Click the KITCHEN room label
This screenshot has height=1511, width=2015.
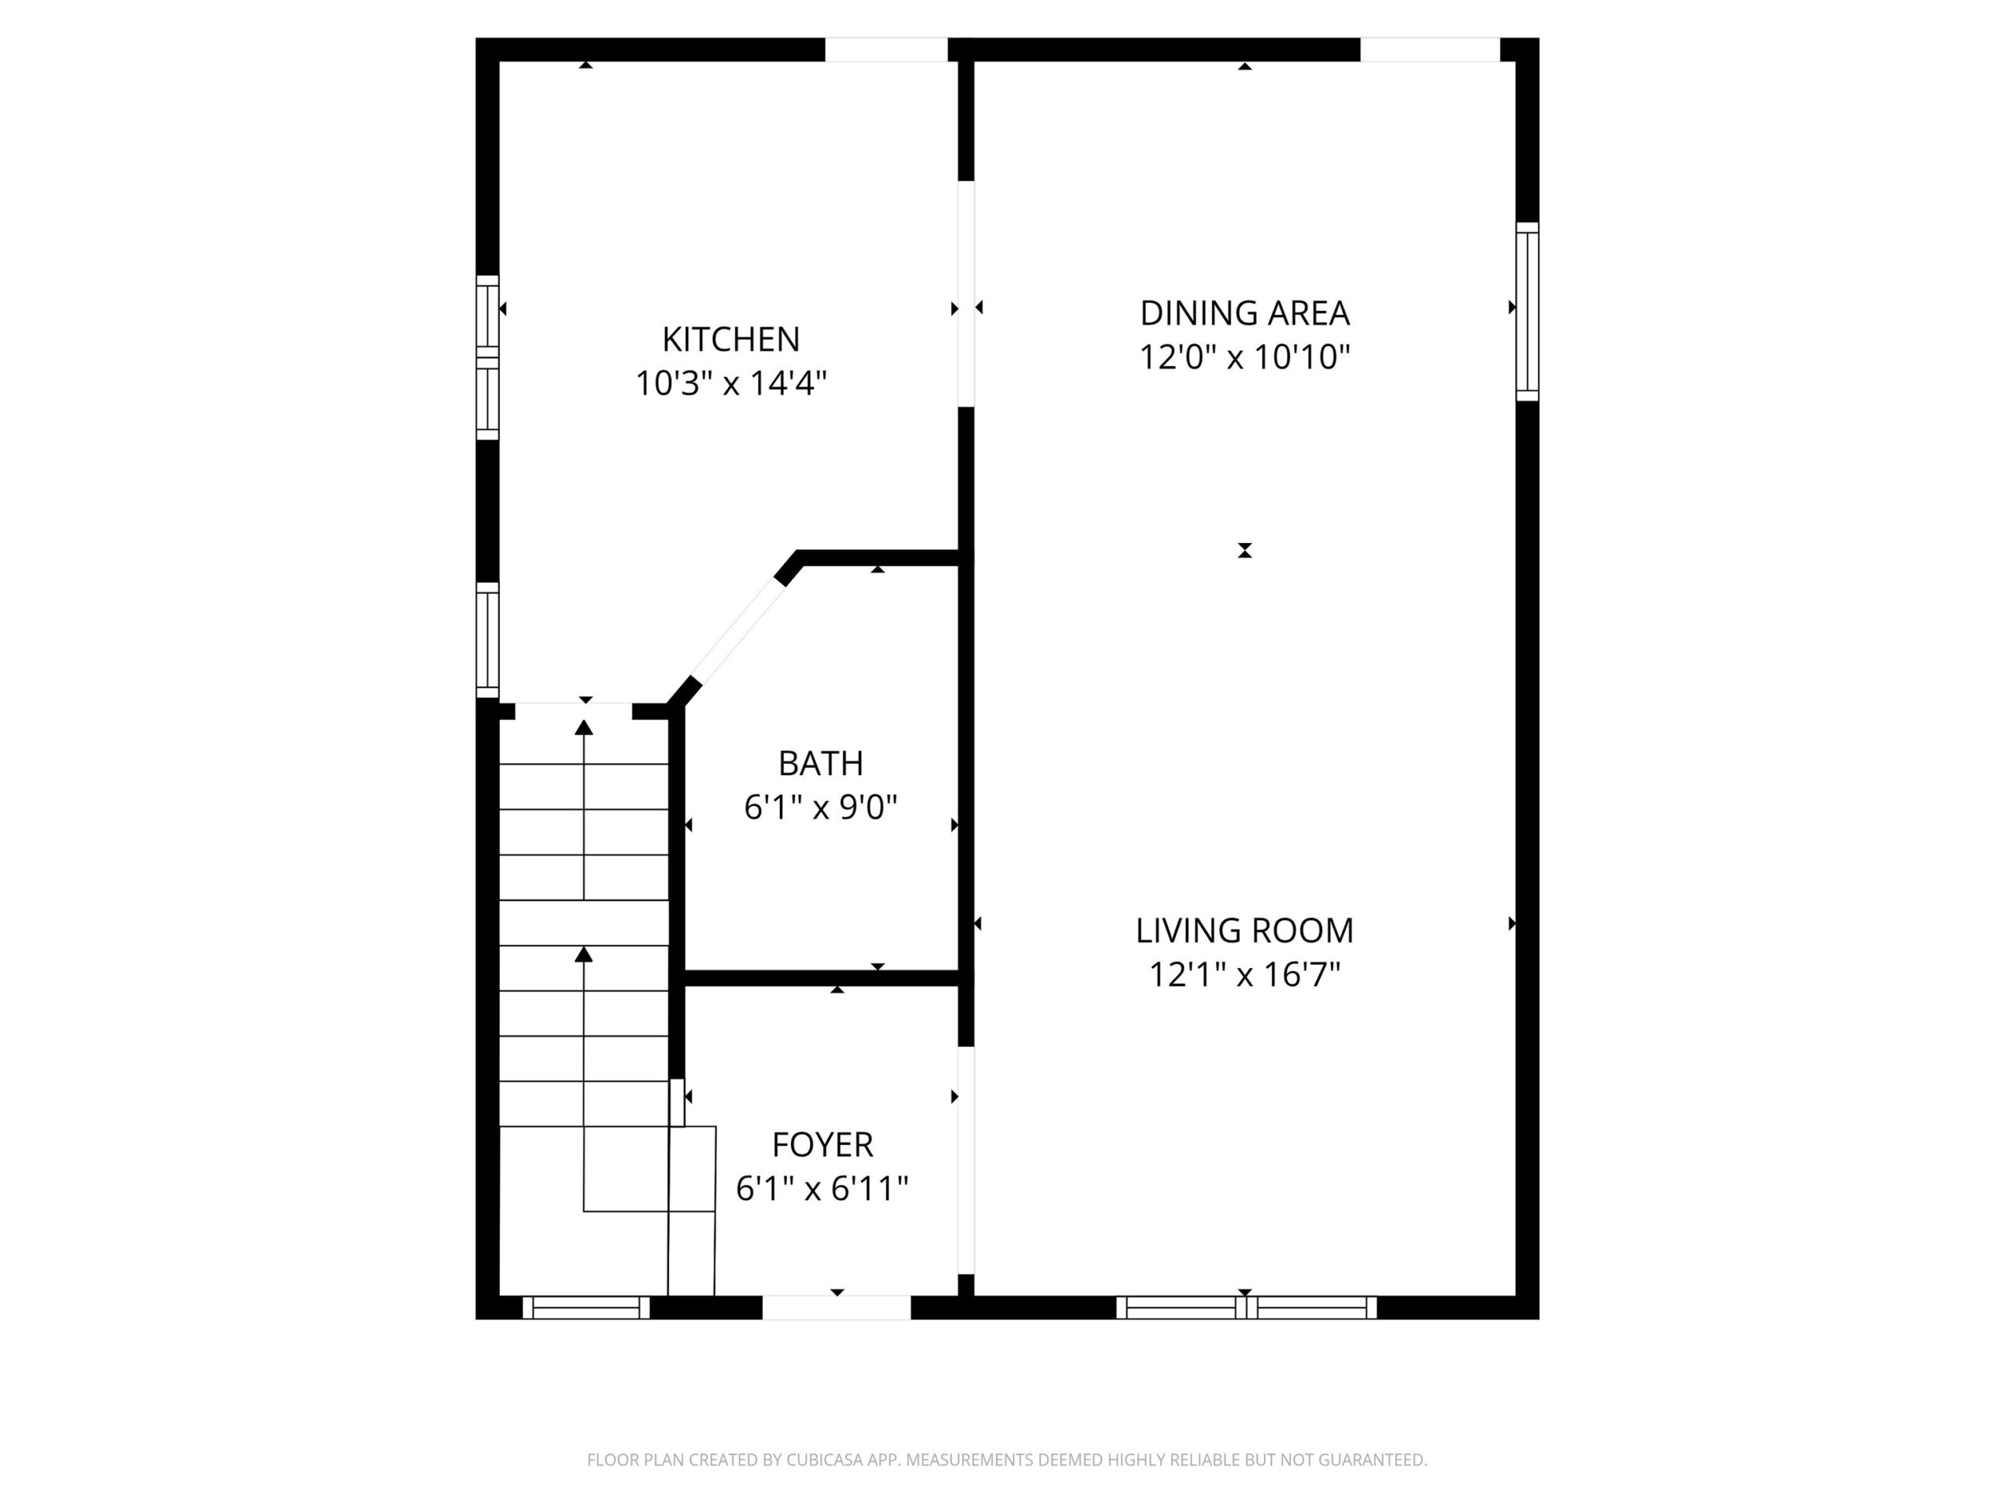tap(730, 339)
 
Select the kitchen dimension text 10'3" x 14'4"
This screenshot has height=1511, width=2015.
tap(730, 383)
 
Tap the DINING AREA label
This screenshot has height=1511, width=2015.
tap(1244, 313)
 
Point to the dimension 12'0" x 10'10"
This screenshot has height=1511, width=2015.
tap(1244, 357)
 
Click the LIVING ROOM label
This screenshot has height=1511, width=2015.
tap(1244, 931)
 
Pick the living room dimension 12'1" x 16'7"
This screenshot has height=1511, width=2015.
tap(1244, 975)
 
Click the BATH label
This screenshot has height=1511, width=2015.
tap(821, 763)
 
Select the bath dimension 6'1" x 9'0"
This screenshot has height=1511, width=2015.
tap(821, 807)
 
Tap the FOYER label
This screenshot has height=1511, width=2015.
tap(823, 1144)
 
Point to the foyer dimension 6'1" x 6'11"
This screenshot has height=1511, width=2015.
tap(823, 1188)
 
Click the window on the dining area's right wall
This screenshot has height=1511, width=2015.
tap(1528, 312)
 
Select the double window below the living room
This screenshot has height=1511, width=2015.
tap(1246, 1308)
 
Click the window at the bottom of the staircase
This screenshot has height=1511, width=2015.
tap(586, 1308)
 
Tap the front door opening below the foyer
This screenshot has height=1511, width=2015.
tap(836, 1308)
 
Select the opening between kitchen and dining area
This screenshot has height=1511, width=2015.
tap(966, 294)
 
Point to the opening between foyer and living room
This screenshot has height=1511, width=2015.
tap(966, 1160)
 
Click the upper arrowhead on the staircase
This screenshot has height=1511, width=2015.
tap(584, 727)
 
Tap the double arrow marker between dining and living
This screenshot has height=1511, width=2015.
tap(1244, 550)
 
